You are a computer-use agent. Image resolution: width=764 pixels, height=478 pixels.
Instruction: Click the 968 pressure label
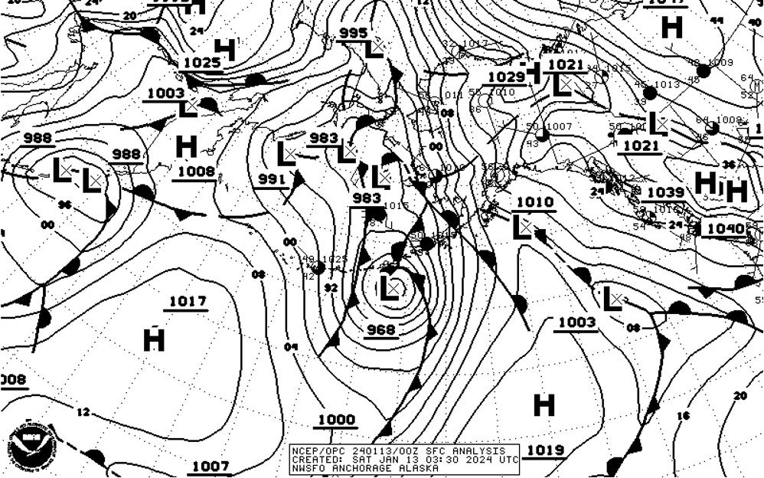point(381,329)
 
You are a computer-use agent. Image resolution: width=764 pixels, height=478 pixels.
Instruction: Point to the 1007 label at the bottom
point(210,466)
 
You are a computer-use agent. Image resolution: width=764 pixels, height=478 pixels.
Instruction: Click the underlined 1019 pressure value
point(546,450)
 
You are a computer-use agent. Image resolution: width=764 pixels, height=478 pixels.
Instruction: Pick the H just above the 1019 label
point(544,405)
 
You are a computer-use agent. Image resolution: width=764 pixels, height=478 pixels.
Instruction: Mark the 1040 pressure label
point(725,228)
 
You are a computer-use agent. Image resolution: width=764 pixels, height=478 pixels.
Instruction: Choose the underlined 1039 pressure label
point(664,192)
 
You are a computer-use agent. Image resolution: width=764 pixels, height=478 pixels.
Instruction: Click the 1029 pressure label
point(506,77)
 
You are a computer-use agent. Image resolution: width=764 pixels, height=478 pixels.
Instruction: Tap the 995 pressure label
point(353,33)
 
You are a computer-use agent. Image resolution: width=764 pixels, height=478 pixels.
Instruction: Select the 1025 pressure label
point(202,63)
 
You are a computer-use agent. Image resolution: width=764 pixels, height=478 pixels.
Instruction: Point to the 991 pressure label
point(272,179)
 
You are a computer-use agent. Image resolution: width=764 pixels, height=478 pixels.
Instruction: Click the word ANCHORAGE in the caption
point(358,468)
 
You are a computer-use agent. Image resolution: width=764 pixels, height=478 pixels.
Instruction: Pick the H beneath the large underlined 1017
point(154,339)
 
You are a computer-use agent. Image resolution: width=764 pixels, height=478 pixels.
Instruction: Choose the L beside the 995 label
point(374,50)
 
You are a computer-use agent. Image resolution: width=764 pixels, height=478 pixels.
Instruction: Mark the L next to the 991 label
point(286,154)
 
